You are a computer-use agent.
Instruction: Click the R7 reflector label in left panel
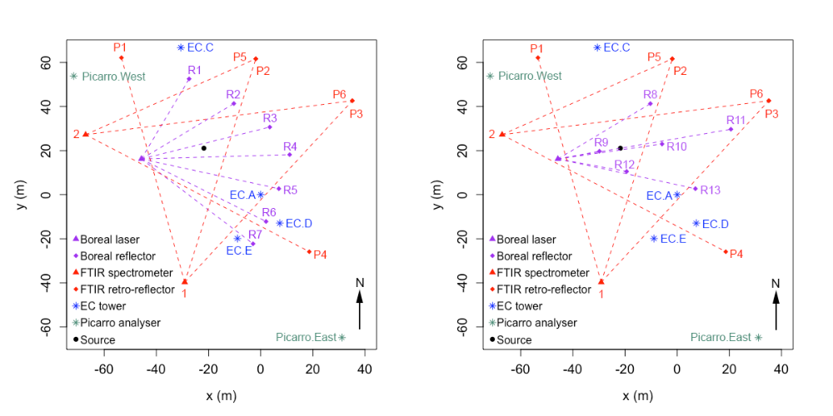pyautogui.click(x=255, y=235)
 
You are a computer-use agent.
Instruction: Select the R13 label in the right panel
pyautogui.click(x=711, y=191)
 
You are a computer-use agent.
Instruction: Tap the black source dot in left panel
pyautogui.click(x=203, y=148)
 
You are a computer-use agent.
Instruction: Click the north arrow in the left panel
pyautogui.click(x=360, y=310)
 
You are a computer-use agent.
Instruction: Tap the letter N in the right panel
pyautogui.click(x=776, y=284)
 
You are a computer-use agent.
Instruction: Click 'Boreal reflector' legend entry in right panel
pyautogui.click(x=541, y=256)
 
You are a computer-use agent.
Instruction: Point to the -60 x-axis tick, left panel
pyautogui.click(x=104, y=369)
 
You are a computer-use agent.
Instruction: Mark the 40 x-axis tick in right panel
pyautogui.click(x=781, y=369)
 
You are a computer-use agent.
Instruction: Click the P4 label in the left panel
pyautogui.click(x=320, y=254)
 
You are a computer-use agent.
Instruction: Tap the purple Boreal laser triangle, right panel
pyautogui.click(x=558, y=158)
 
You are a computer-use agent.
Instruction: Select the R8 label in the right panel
pyautogui.click(x=651, y=94)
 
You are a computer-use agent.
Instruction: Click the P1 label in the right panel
pyautogui.click(x=536, y=48)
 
